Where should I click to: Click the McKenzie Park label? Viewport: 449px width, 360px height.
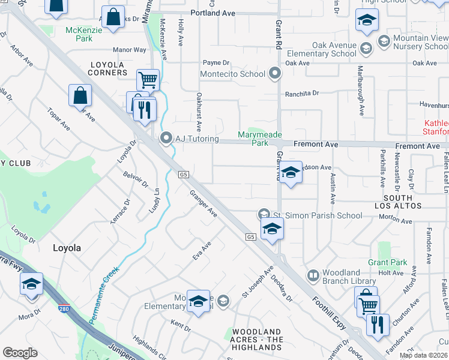(x=79, y=34)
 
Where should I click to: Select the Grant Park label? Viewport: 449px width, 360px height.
(x=387, y=262)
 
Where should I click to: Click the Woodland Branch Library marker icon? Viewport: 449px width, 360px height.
(x=312, y=276)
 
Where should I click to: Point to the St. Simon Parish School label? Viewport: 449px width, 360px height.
(x=318, y=215)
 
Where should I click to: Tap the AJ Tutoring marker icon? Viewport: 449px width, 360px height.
(x=166, y=139)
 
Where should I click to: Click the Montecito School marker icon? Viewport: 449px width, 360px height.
(x=275, y=74)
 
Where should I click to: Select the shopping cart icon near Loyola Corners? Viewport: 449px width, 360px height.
(x=147, y=79)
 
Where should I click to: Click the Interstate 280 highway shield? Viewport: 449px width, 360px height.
(x=64, y=310)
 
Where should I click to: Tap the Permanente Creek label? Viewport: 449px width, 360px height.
(x=104, y=295)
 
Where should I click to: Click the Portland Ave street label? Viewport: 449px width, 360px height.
(x=212, y=13)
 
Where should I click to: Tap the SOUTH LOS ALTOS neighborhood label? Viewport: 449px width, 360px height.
(x=398, y=202)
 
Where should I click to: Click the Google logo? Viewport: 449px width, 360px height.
(x=20, y=353)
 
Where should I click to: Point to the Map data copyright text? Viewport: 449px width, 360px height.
(x=423, y=355)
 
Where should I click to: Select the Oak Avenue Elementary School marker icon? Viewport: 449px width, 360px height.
(x=366, y=48)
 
